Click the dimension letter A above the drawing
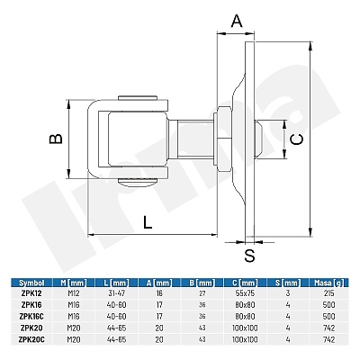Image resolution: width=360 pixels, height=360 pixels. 237,21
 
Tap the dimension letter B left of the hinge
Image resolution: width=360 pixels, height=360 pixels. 56,139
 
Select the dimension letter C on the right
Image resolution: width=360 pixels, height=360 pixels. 297,139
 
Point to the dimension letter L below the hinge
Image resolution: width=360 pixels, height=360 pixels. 148,222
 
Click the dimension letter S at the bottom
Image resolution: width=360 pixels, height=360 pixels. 249,256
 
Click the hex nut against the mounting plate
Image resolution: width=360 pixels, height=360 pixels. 223,139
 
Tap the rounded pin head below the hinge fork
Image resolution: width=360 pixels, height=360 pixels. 138,182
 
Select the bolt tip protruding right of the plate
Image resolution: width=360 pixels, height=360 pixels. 259,139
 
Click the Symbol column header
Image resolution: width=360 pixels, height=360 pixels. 31,283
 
